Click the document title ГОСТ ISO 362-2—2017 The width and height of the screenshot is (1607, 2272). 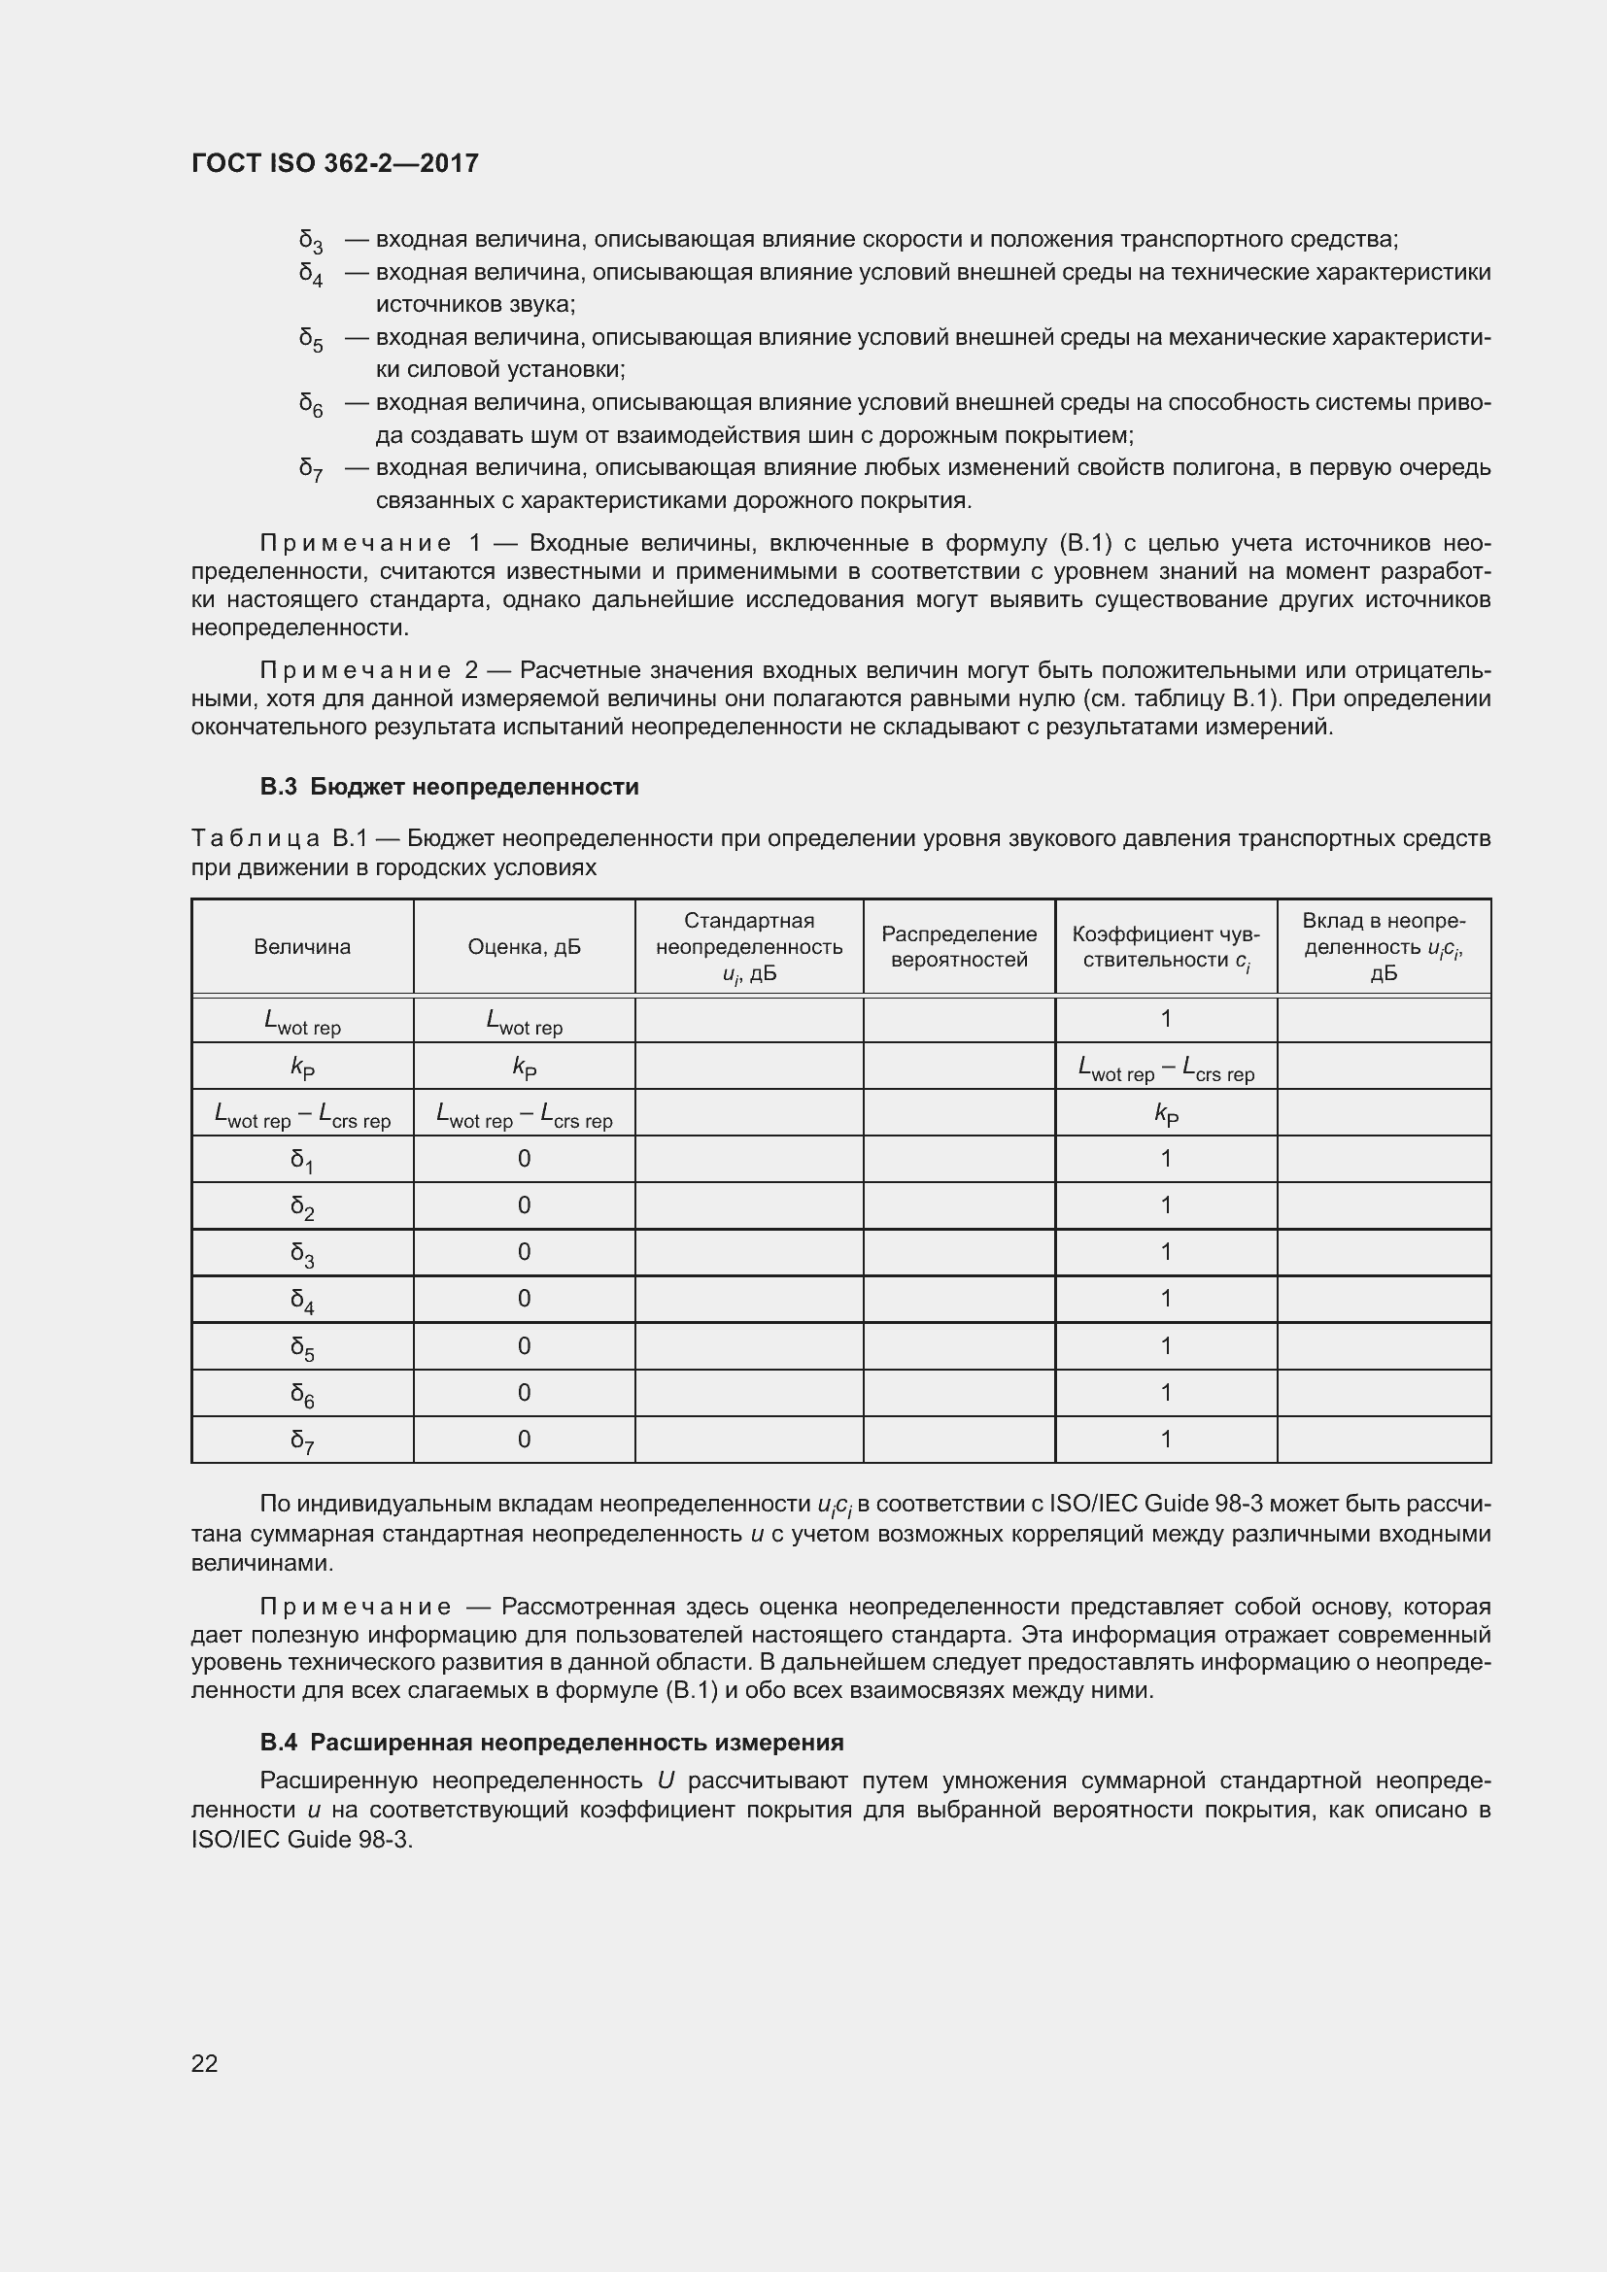[x=334, y=163]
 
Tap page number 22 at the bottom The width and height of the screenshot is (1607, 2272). [x=205, y=2062]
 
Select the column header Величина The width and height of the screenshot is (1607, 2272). [x=302, y=946]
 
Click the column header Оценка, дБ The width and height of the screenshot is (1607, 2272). [x=524, y=946]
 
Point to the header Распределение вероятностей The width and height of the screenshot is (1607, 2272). [x=959, y=946]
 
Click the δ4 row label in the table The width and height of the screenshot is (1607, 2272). [x=302, y=1300]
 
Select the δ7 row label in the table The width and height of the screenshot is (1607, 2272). [x=302, y=1440]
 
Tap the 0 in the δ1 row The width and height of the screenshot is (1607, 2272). [x=524, y=1158]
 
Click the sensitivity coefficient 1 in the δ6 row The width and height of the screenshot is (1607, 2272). [x=1166, y=1392]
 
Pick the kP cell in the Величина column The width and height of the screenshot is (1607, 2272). [x=302, y=1067]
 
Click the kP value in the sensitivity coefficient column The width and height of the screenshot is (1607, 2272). [x=1166, y=1113]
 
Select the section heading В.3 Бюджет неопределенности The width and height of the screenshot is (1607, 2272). [x=449, y=787]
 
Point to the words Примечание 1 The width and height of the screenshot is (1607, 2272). [x=370, y=543]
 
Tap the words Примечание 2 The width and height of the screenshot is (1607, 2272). [x=368, y=670]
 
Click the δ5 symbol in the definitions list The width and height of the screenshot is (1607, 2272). [x=311, y=339]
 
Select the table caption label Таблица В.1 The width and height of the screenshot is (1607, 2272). [x=279, y=838]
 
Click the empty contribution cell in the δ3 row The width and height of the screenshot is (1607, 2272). [x=1384, y=1253]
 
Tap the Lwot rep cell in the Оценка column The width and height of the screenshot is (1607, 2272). [x=524, y=1020]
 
